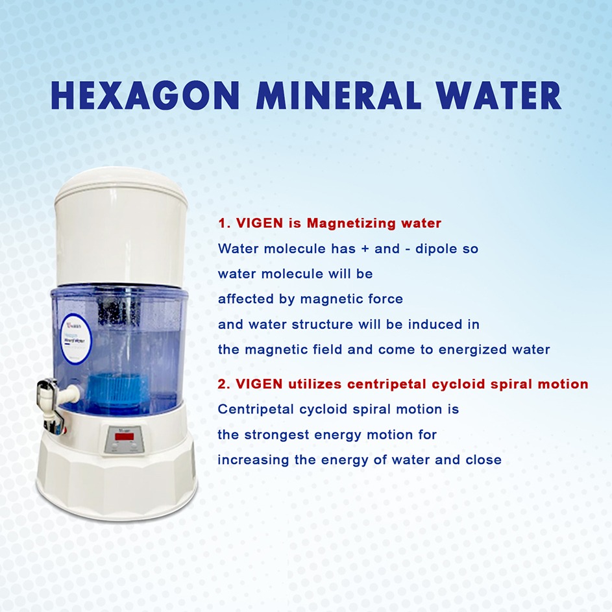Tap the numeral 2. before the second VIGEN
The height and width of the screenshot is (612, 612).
[224, 384]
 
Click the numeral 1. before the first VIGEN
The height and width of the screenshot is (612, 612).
[224, 223]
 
